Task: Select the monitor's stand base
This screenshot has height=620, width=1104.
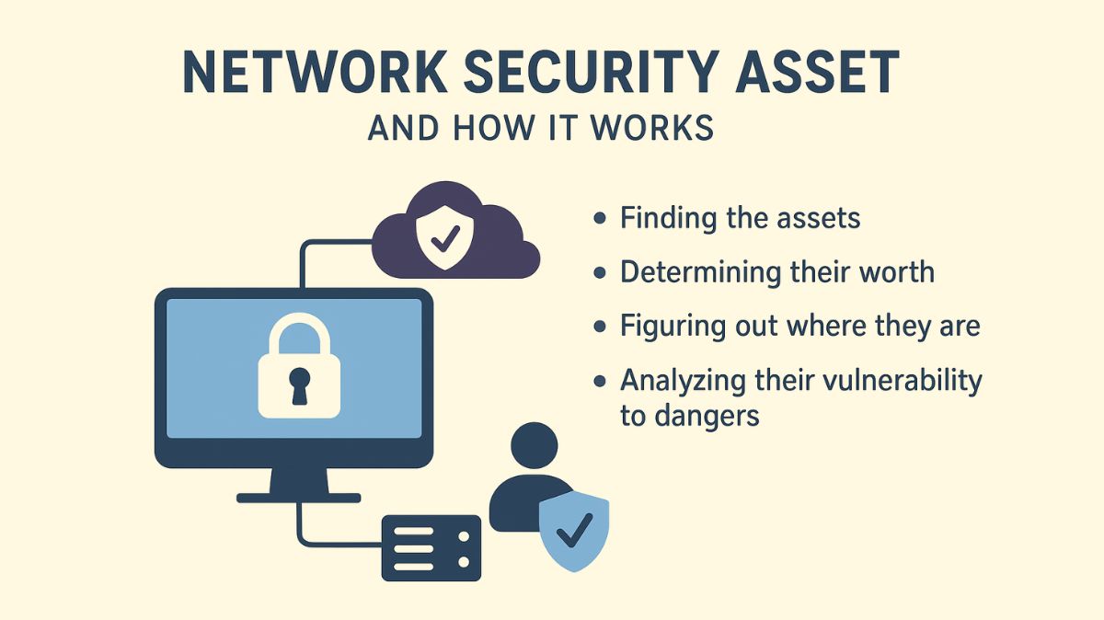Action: [298, 498]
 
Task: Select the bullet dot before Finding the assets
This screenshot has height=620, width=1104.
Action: [601, 219]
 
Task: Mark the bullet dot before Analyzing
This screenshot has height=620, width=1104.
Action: [601, 380]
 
